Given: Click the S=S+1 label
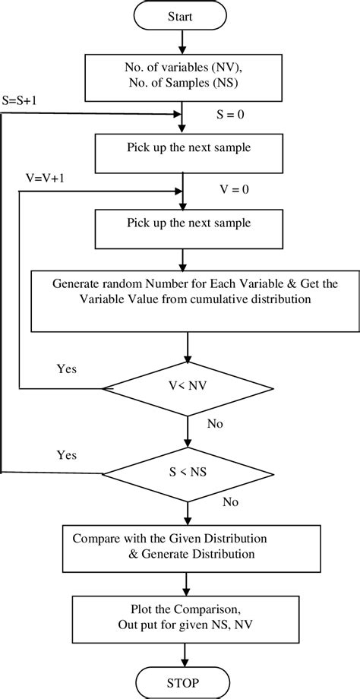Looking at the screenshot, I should (23, 99).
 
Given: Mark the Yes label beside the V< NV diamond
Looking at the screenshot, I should (68, 369).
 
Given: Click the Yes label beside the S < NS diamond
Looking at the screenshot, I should (68, 455).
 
